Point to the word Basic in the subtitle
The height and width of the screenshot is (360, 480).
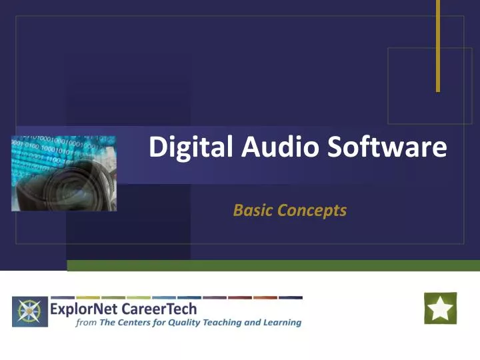pyautogui.click(x=253, y=211)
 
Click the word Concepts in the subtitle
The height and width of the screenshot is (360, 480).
pyautogui.click(x=312, y=211)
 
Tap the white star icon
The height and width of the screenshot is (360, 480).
pyautogui.click(x=441, y=309)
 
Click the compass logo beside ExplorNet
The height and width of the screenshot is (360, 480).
pyautogui.click(x=30, y=312)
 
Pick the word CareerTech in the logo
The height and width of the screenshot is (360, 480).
pyautogui.click(x=159, y=309)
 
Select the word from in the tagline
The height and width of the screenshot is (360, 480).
pyautogui.click(x=67, y=323)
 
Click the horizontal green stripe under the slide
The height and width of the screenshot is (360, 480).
pyautogui.click(x=273, y=265)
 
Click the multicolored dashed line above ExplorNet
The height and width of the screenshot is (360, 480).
pyautogui.click(x=177, y=297)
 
